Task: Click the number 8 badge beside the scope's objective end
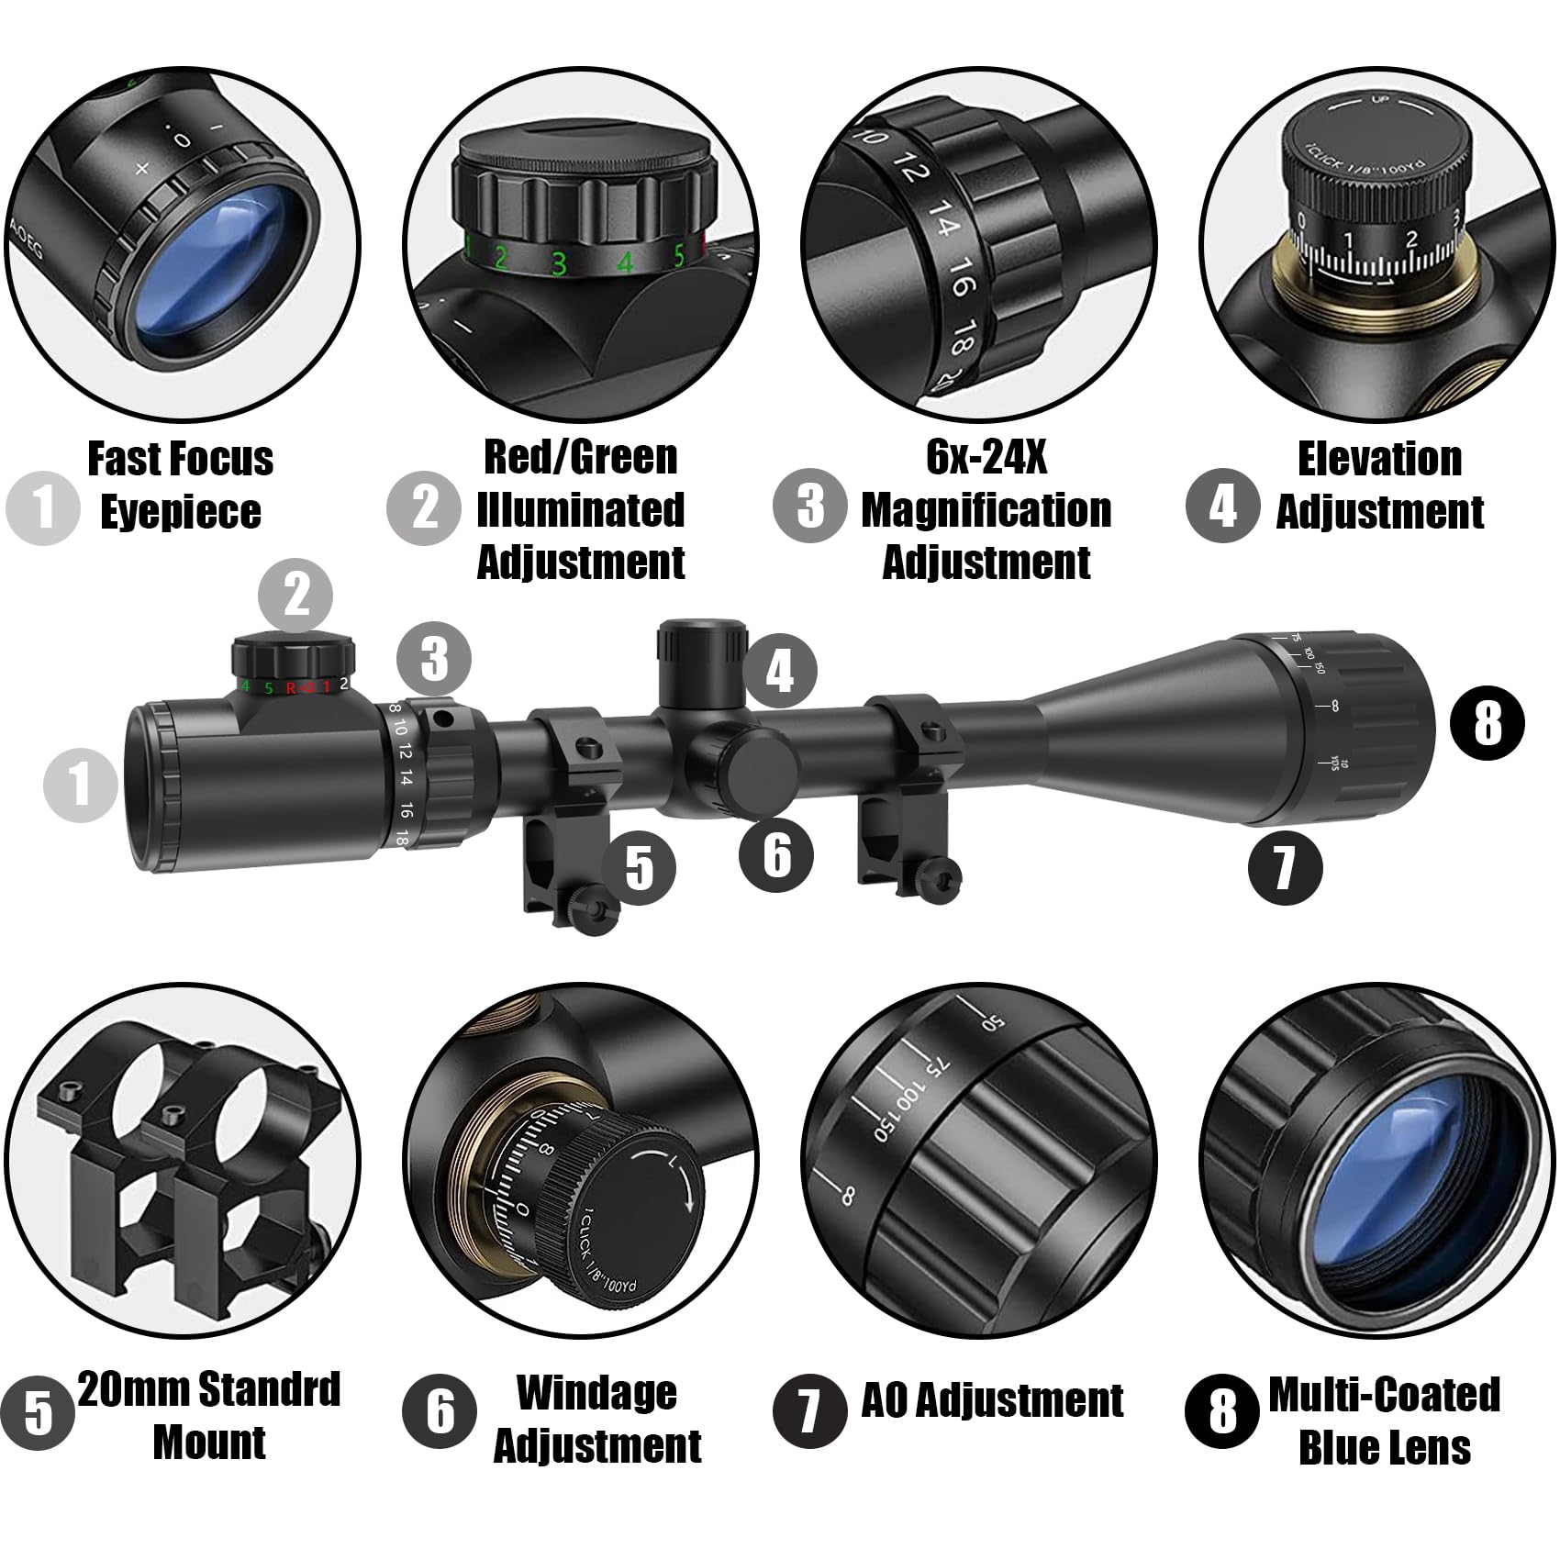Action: point(1487,722)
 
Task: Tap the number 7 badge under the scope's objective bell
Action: point(1285,865)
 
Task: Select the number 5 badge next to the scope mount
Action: point(640,867)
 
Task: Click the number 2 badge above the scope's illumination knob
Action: point(296,595)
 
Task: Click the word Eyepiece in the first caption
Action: point(181,511)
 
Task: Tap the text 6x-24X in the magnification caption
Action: point(986,456)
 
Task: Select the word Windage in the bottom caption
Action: point(596,1393)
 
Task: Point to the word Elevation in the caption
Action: point(1379,459)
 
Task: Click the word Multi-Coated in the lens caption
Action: point(1384,1395)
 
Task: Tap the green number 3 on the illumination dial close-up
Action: point(559,263)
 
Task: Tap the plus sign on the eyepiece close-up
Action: point(142,168)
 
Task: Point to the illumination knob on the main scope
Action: point(294,656)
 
